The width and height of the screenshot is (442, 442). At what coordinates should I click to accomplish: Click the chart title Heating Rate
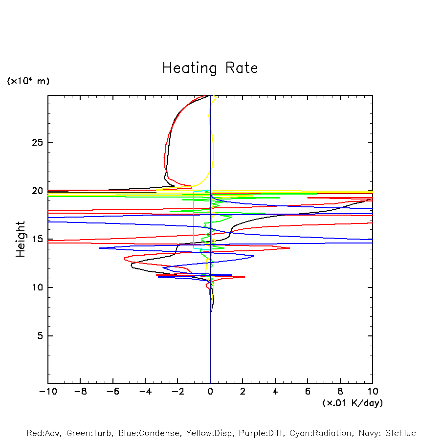tap(210, 68)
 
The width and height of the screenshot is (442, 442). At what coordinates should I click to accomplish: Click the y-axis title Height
tap(21, 239)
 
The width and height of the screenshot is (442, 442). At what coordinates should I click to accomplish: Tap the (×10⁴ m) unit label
tap(28, 81)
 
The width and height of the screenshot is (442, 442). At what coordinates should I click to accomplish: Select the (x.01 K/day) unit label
tap(352, 403)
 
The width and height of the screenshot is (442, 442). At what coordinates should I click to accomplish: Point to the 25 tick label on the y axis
tap(37, 143)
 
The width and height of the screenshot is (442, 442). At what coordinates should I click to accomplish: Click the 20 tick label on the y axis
tap(37, 191)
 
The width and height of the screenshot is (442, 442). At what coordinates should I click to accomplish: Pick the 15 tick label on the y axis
tap(37, 239)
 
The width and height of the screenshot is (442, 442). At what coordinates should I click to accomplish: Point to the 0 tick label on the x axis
tap(210, 392)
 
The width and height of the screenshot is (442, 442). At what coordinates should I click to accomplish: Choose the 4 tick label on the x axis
tap(275, 392)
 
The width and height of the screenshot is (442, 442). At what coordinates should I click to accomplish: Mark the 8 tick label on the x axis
tap(340, 392)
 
